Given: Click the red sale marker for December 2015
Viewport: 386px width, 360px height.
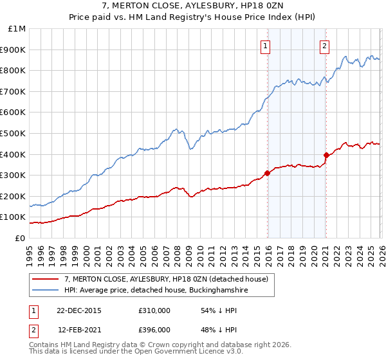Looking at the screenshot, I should coord(267,173).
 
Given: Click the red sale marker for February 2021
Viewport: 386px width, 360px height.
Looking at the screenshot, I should coord(326,155).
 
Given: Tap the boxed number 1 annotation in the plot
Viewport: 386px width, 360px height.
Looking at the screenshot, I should coord(265,45).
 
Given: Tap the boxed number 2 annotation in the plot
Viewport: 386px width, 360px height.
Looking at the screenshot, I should coord(324,45).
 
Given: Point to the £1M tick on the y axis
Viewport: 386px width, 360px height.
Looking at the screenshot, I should coord(17,29).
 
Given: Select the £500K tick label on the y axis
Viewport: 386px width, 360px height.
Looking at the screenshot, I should coord(14,134).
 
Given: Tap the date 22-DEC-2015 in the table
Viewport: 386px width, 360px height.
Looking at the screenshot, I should coord(78,310).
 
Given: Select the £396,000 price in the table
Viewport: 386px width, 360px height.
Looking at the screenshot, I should coord(154,330).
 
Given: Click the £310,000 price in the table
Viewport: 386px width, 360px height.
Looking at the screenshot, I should coord(154,310).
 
